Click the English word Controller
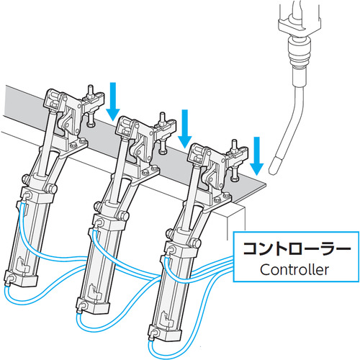(294, 270)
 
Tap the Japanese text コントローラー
(297, 248)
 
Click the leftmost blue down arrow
(113, 102)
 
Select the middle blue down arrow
(184, 129)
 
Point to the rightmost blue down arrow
(256, 156)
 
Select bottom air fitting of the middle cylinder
(81, 307)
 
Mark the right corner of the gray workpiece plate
(266, 184)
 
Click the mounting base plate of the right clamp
(217, 200)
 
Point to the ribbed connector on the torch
(299, 53)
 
